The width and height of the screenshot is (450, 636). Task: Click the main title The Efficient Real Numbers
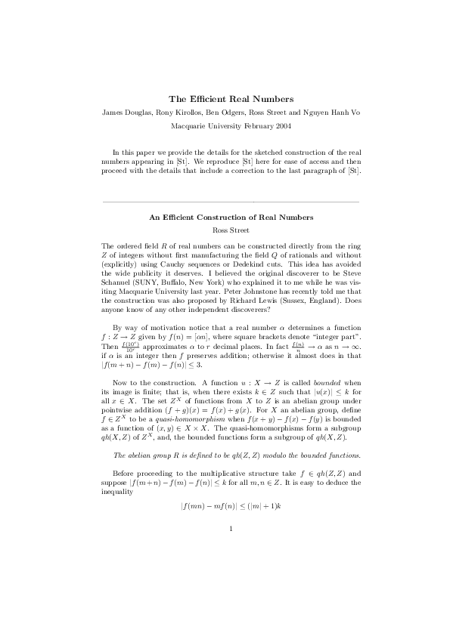231,99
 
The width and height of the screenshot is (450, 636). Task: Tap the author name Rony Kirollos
183,112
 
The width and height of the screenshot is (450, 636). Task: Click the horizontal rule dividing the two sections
231,202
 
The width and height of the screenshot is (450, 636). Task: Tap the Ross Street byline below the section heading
231,230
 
